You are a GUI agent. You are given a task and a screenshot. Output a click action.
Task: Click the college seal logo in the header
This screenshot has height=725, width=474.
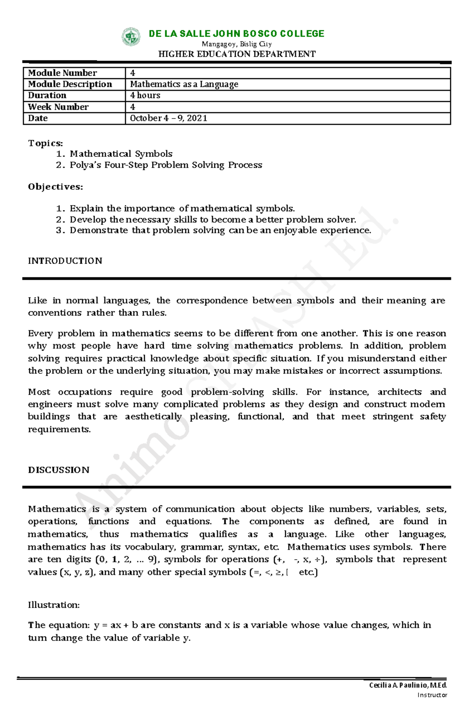tap(131, 37)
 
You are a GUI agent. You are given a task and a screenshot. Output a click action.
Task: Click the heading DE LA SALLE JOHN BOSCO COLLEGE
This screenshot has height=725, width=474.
tap(236, 34)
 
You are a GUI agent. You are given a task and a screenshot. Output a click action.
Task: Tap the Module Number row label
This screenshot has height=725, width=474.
tap(62, 73)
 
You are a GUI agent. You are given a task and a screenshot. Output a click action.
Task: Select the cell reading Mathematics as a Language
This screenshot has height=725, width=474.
tap(184, 84)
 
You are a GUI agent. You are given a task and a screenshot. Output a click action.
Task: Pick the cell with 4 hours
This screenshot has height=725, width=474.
tap(145, 95)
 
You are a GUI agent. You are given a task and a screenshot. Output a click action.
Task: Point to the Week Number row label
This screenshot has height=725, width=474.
tap(58, 107)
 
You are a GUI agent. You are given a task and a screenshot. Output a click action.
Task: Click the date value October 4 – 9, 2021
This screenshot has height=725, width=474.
tap(169, 118)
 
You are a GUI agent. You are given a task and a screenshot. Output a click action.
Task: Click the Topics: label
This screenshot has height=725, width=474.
tap(45, 143)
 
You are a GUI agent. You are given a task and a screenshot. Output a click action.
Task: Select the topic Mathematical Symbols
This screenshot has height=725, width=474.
tap(121, 154)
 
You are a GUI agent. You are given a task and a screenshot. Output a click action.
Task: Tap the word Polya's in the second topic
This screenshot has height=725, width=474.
tap(85, 165)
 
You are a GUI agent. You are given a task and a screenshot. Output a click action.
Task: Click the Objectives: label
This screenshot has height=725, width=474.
tap(55, 186)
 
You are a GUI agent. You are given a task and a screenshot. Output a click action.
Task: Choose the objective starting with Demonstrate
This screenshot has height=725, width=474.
tap(220, 230)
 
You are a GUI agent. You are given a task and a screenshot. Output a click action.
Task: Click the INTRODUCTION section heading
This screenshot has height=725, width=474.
tap(65, 261)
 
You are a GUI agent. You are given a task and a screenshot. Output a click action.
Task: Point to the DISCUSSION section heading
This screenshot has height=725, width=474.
tap(58, 470)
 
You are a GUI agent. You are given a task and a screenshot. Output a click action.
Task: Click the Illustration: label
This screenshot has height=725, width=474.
tap(54, 605)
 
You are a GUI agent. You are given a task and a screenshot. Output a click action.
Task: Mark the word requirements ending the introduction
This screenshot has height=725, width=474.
tap(59, 429)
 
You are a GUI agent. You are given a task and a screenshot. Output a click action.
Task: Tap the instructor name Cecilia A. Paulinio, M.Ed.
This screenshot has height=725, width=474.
tap(408, 685)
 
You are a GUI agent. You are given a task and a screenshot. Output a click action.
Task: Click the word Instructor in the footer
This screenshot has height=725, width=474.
tap(432, 695)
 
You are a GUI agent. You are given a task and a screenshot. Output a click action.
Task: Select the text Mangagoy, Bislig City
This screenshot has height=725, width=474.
tap(237, 44)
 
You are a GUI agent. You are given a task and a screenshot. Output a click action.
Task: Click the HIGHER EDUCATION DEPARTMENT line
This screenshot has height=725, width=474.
tap(237, 54)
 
